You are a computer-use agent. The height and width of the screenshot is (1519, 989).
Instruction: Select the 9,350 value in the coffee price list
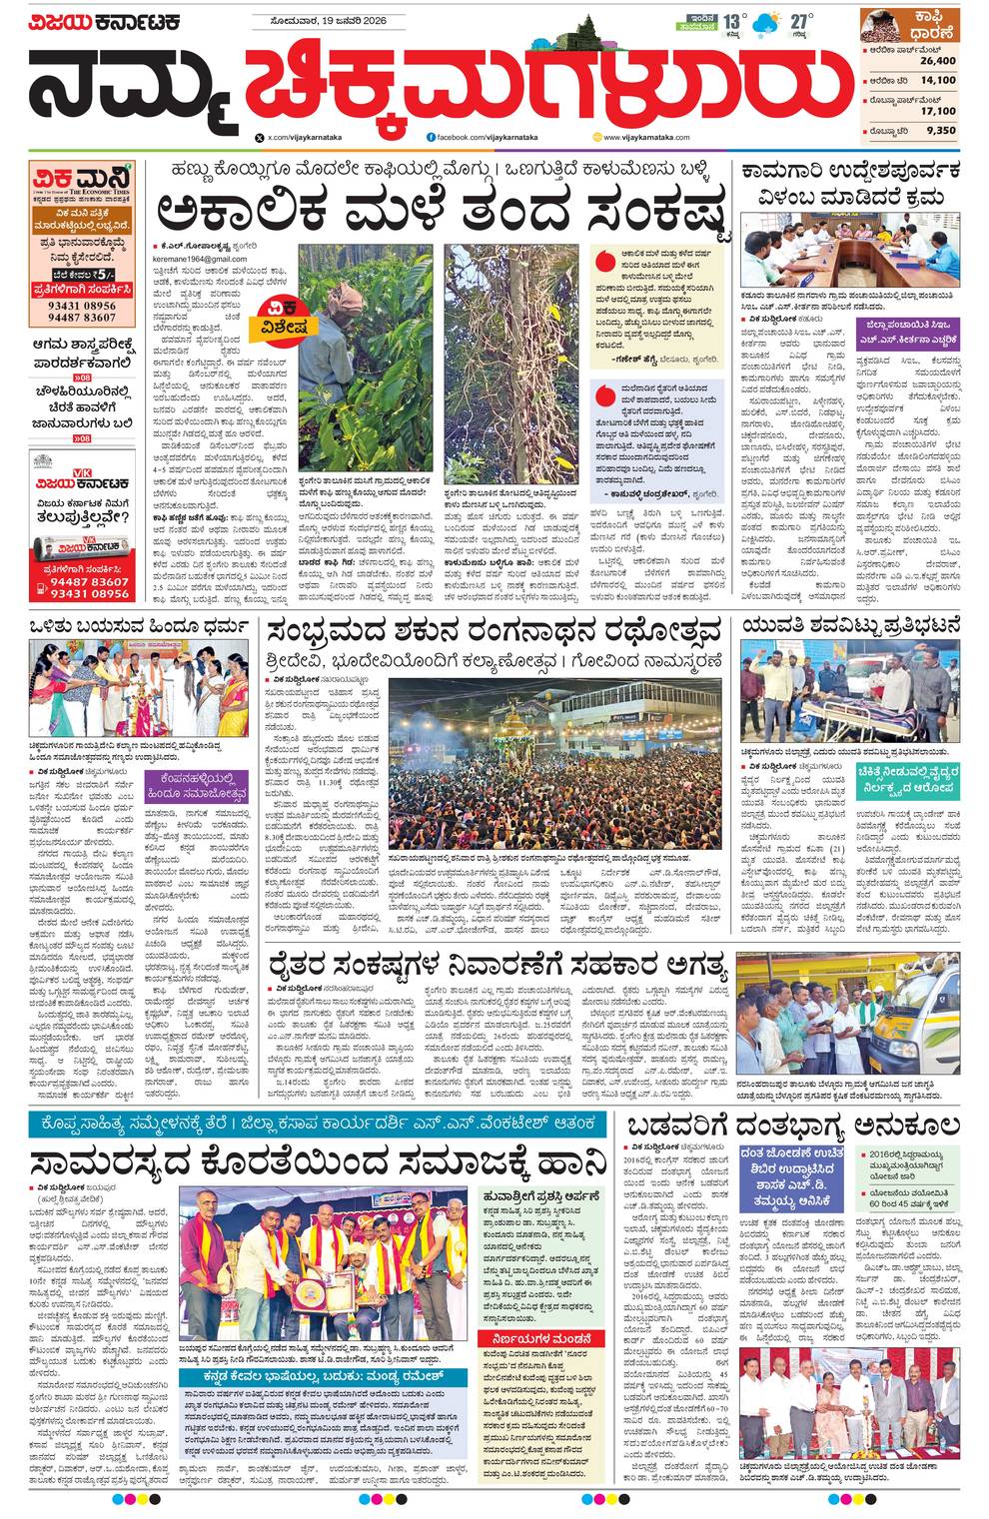click(x=940, y=130)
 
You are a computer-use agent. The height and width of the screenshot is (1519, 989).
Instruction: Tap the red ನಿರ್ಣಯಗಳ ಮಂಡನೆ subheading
click(x=540, y=1338)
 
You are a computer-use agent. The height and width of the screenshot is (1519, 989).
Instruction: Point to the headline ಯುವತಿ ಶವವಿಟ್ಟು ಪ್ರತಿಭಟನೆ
click(x=851, y=626)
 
